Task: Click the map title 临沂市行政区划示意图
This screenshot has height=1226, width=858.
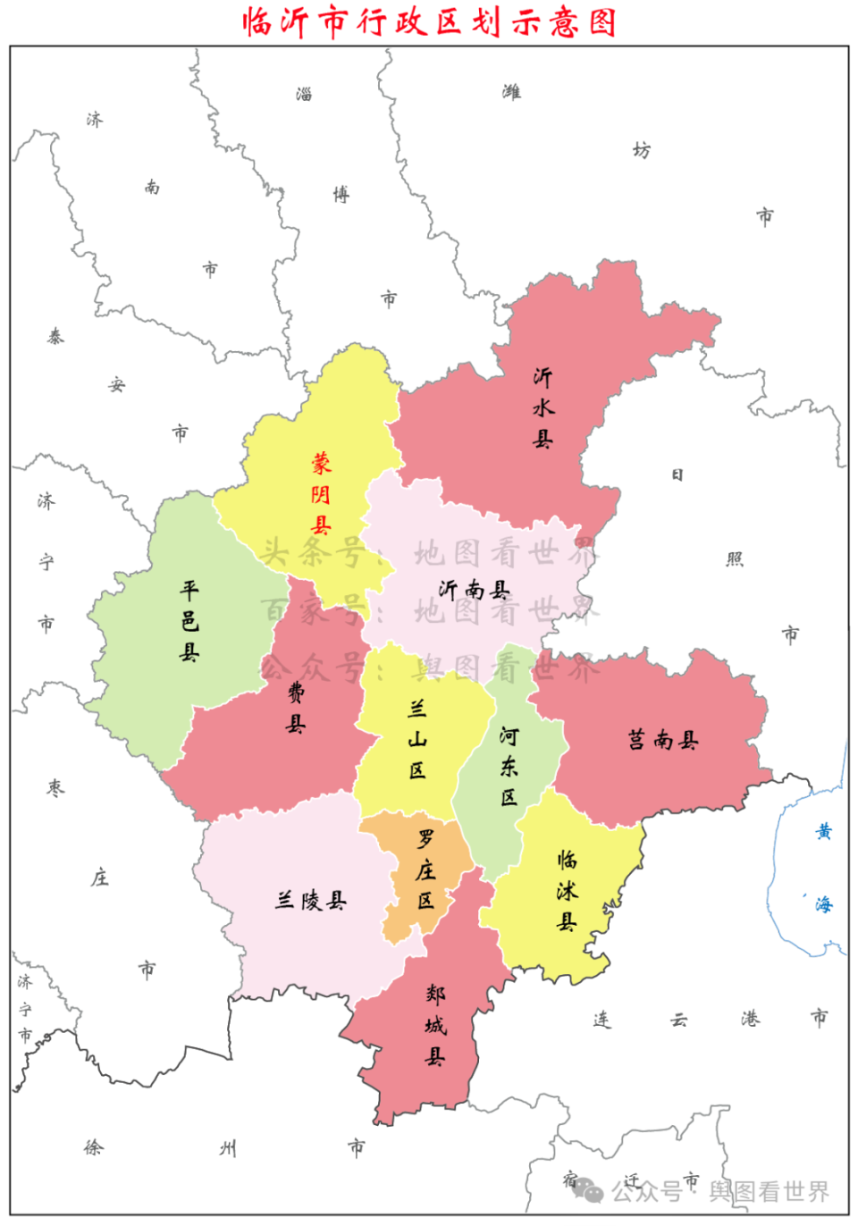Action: point(429,21)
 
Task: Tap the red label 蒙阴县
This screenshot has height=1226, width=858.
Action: point(321,493)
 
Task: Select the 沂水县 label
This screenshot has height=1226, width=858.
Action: point(543,407)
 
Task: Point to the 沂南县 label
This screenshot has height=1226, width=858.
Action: point(474,590)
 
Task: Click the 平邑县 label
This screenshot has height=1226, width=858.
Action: point(189,620)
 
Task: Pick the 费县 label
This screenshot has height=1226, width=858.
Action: point(296,708)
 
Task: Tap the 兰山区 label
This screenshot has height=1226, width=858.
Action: point(417,739)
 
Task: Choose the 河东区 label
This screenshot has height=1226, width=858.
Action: point(509,766)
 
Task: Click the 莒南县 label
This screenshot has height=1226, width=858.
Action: point(662,740)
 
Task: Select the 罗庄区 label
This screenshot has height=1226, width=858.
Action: point(425,869)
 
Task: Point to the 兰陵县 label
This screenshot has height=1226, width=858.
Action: point(310,900)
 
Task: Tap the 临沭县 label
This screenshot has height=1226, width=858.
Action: point(567,890)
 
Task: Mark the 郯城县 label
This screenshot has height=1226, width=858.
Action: point(435,1025)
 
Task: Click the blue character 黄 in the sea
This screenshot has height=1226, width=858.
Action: point(823,832)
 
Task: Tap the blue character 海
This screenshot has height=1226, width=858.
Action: point(823,904)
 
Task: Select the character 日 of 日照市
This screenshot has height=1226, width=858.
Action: point(677,474)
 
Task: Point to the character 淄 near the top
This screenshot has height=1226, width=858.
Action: point(304,94)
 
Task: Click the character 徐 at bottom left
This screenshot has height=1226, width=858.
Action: point(93,1147)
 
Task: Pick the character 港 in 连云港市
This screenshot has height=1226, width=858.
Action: point(750,1019)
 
